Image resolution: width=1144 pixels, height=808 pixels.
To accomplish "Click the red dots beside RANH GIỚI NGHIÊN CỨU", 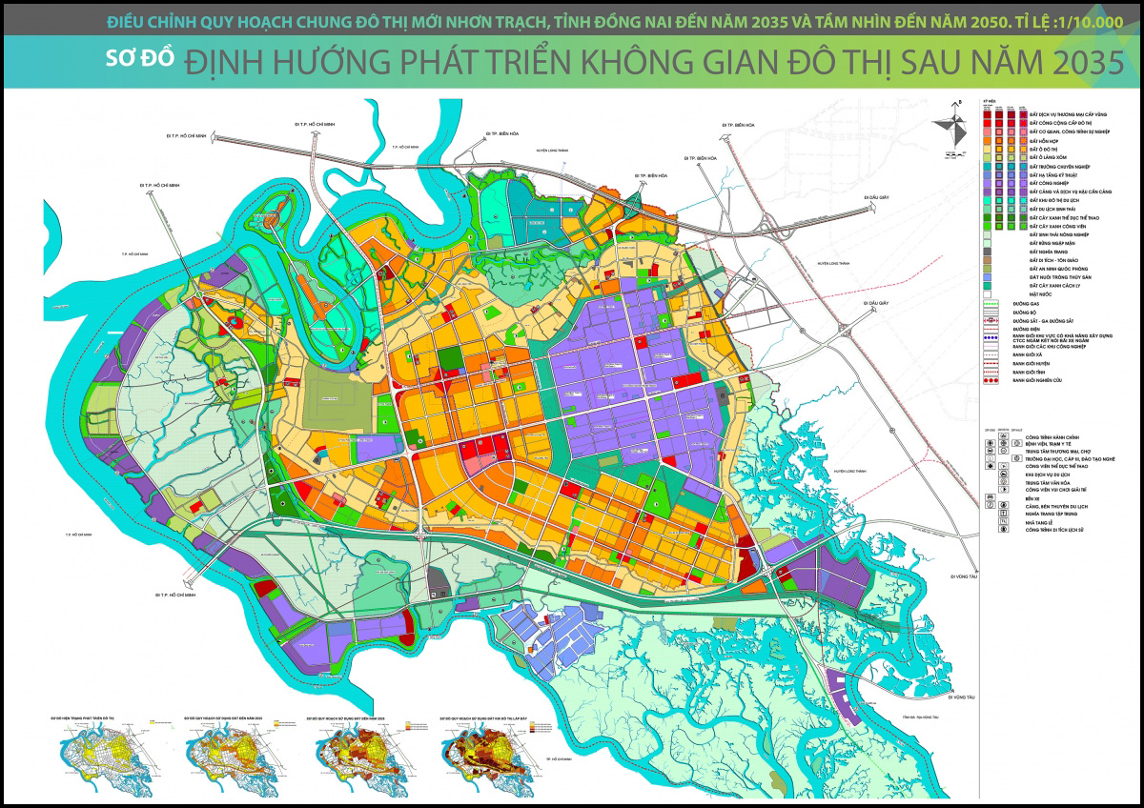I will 991,380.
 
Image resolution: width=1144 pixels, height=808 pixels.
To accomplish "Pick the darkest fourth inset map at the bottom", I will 481,748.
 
